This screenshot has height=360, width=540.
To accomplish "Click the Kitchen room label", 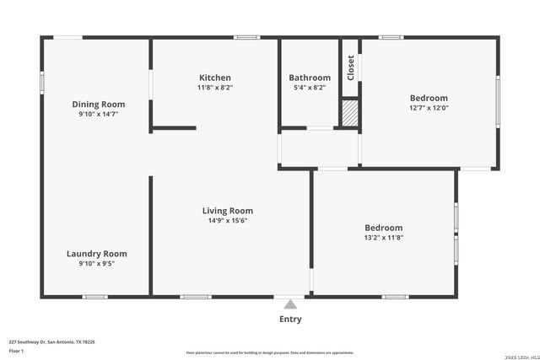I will pos(214,78).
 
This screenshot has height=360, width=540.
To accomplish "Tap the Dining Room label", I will pos(98,105).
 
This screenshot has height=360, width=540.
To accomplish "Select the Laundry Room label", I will pos(97,254).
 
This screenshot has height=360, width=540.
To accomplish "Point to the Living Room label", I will pos(228,211).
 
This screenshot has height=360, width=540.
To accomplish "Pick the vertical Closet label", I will pos(350,67).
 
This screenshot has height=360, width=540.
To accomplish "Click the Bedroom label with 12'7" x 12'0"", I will pos(429,98).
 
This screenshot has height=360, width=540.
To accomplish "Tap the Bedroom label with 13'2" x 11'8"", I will pos(383,228).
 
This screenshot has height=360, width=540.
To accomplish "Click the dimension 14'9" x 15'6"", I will pos(228,221).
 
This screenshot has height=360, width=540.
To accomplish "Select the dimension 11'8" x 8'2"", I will pos(214,87).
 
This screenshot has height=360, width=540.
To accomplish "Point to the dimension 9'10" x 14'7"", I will pos(98,114).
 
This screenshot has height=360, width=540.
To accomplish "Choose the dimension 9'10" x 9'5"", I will pos(97,263).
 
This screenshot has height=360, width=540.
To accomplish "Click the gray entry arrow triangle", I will pos(290,304).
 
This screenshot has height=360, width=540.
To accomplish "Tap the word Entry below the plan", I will pos(290,320).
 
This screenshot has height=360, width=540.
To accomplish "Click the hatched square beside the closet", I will pos(350,113).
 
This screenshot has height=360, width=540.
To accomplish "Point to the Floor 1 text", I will pos(17,350).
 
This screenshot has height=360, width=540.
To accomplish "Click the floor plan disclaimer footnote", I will pos(270,352).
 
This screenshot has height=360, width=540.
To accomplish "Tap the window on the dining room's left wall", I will pos(42,83).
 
